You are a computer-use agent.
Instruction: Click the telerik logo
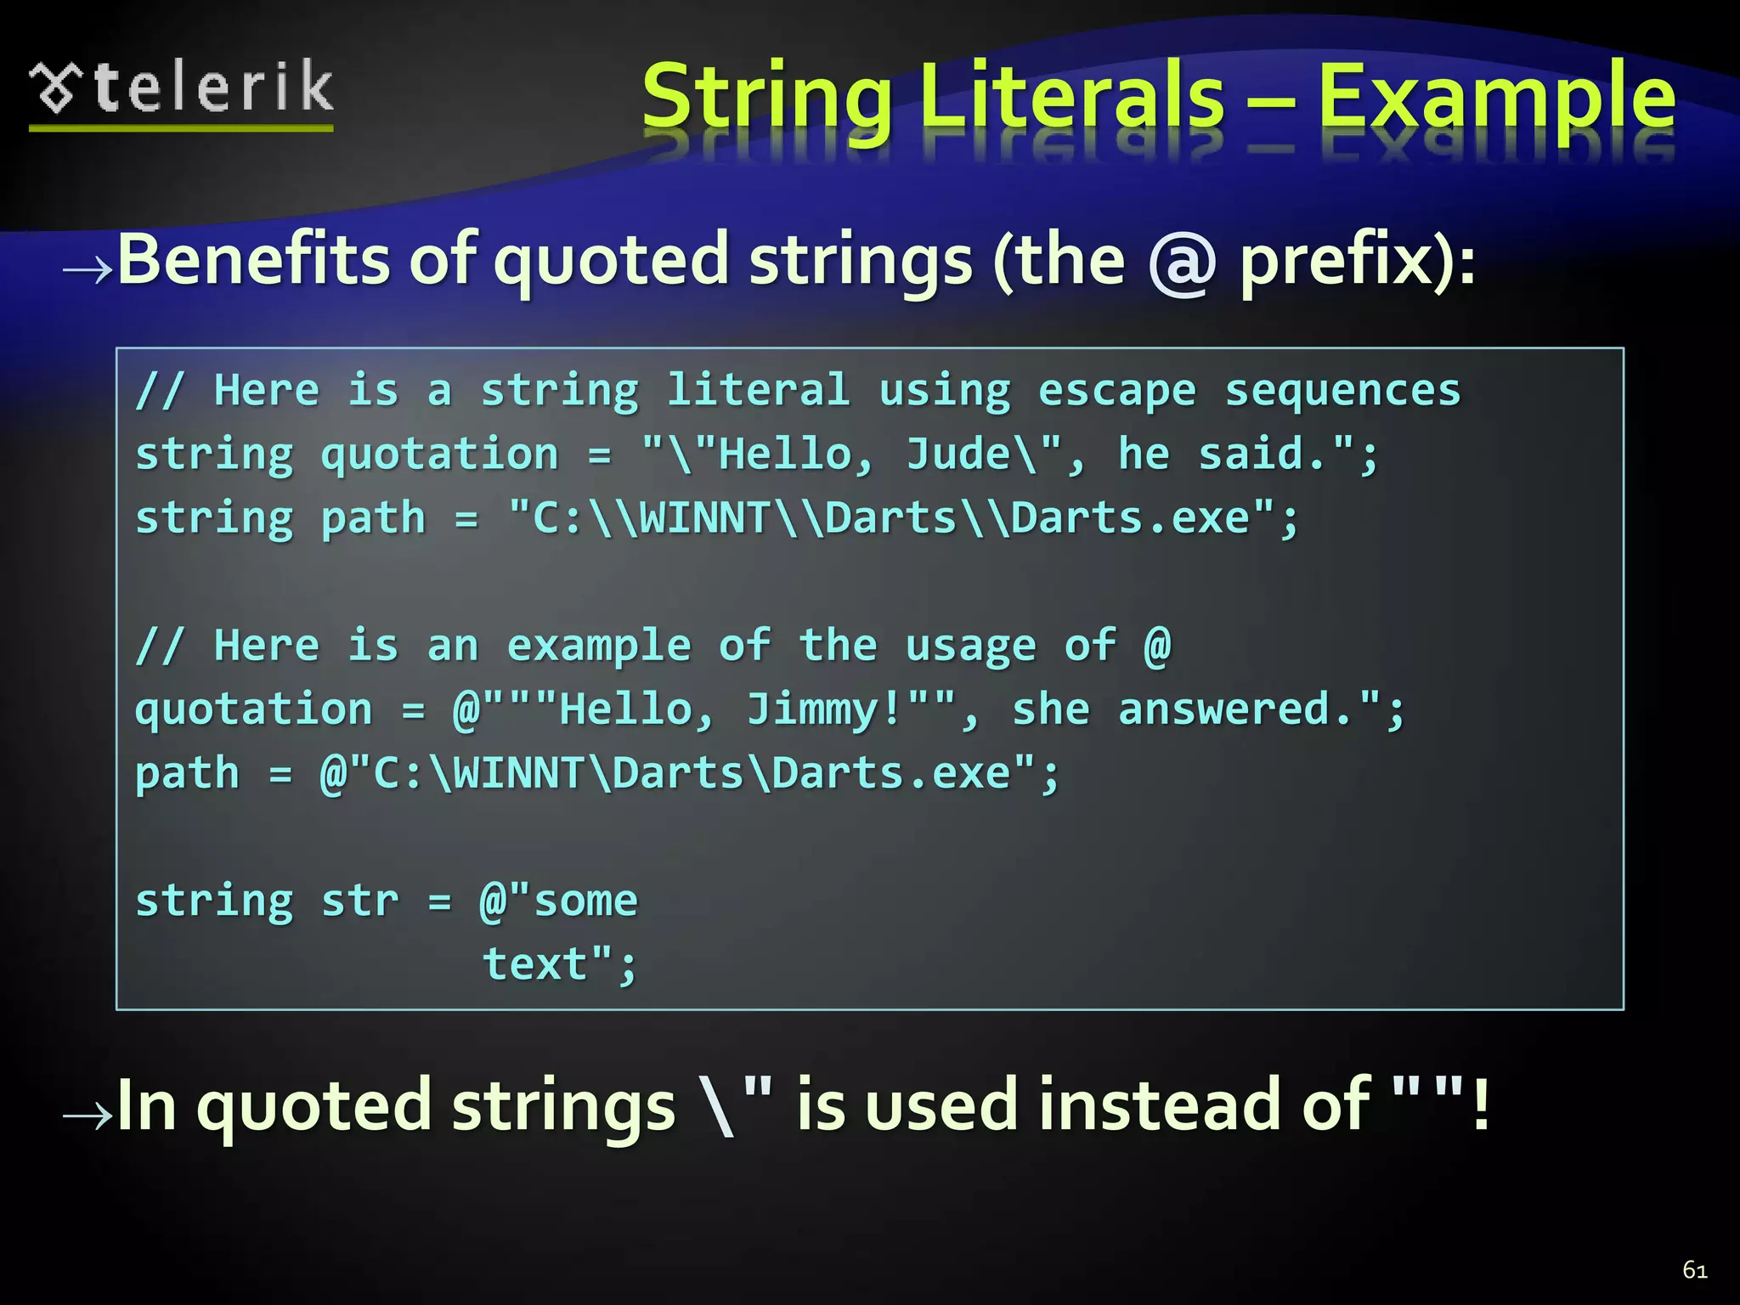click(181, 91)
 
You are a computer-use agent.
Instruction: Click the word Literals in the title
click(1071, 98)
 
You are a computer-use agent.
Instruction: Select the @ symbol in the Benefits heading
click(1182, 262)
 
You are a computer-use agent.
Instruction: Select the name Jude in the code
click(958, 455)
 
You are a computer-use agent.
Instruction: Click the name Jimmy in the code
click(812, 710)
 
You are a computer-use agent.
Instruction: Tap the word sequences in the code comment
click(1342, 392)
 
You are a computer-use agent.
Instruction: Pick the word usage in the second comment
click(970, 646)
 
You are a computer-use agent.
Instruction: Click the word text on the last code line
click(535, 964)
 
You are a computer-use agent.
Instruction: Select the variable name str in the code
click(359, 901)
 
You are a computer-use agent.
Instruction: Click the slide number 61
click(1694, 1270)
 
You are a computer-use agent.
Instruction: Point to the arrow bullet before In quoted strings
click(88, 1116)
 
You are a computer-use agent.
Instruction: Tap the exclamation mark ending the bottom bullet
click(1481, 1105)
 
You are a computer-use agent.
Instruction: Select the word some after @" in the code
click(585, 901)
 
